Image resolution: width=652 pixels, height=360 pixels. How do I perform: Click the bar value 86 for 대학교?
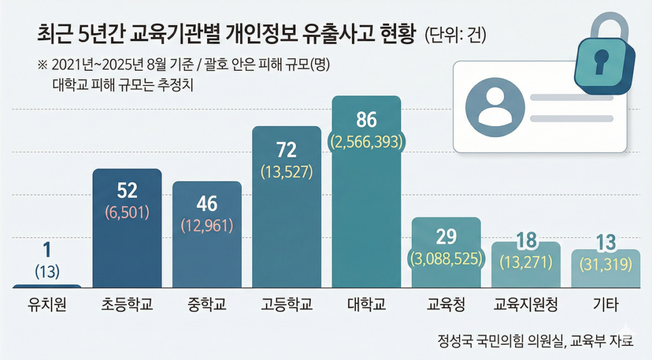367,120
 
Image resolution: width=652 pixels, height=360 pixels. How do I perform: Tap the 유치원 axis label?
47,305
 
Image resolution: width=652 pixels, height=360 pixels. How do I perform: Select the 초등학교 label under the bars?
127,305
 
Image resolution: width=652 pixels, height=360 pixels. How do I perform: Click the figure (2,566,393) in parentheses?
367,141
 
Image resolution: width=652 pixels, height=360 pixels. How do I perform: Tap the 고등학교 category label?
287,305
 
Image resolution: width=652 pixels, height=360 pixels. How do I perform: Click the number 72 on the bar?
287,150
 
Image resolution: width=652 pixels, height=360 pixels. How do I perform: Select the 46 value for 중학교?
207,204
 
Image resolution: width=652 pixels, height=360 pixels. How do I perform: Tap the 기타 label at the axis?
606,305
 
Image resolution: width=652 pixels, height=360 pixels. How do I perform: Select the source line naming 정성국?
535,340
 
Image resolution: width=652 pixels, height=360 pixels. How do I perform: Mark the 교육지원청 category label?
526,305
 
